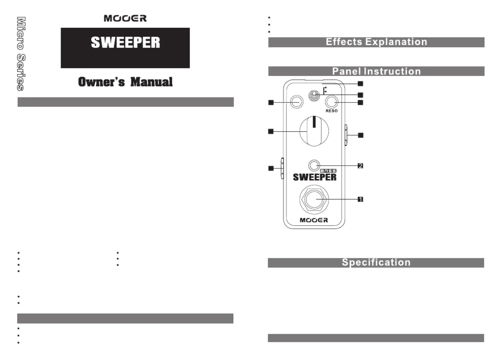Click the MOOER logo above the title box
125,18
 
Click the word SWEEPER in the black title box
125,43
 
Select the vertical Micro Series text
21,54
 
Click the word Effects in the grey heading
344,42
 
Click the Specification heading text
376,262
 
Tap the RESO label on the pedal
331,111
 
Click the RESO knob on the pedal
331,102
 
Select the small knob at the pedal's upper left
297,102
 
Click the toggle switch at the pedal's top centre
313,96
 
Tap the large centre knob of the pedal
314,131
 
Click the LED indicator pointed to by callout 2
314,166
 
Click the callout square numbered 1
360,199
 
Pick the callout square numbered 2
360,166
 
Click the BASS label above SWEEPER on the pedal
328,171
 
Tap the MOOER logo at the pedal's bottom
314,220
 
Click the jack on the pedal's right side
346,135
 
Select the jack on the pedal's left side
282,168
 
